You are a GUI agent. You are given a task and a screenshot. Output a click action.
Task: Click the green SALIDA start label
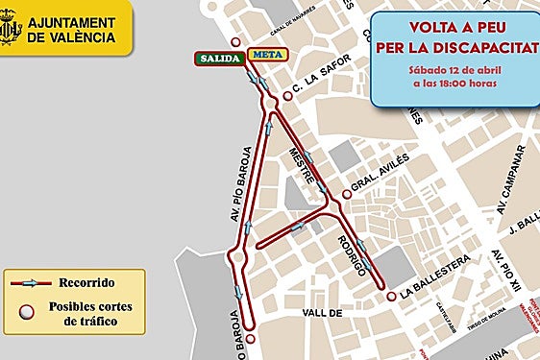pyautogui.click(x=220, y=57)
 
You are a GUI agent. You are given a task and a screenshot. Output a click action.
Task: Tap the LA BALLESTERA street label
pyautogui.click(x=434, y=285)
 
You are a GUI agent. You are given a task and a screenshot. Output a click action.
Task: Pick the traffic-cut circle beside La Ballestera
pyautogui.click(x=391, y=296)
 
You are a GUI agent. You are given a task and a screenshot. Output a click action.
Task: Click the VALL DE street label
pyautogui.click(x=322, y=313)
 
